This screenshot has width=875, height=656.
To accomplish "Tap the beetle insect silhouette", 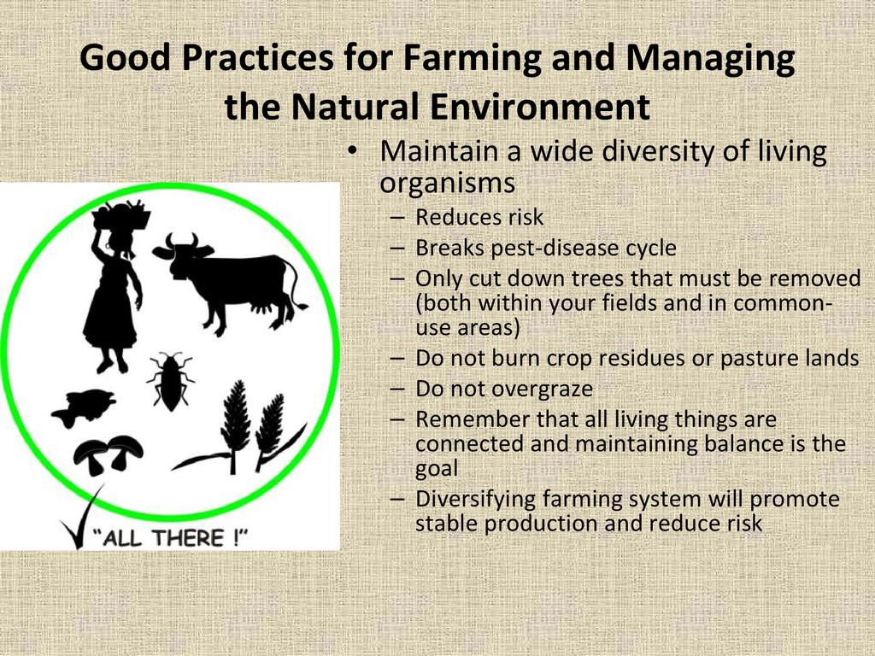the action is [170, 382].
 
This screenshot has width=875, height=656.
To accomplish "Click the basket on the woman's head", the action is [121, 214].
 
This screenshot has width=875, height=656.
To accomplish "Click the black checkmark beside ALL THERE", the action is [82, 517].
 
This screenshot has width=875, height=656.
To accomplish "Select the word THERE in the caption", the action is [187, 538].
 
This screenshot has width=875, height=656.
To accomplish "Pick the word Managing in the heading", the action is [710, 58].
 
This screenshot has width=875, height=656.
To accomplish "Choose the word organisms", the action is [447, 184].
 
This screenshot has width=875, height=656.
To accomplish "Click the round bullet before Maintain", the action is [351, 152].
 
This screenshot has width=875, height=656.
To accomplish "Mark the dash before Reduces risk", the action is [397, 219].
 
